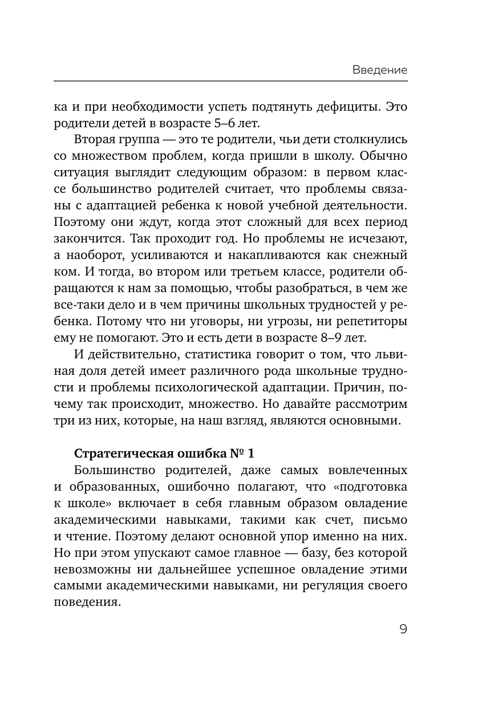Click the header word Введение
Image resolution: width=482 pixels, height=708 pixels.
tap(379, 70)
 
